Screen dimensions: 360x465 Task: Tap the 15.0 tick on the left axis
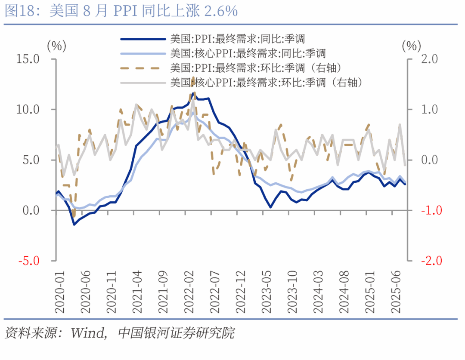coord(28,59)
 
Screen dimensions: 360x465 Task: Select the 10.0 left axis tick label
coord(28,109)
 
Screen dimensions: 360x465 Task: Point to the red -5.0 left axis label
coord(28,261)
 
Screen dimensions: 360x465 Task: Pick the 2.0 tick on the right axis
coord(426,59)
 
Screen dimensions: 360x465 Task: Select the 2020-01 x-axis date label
coord(59,292)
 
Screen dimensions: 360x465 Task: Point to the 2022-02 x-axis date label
coord(188,292)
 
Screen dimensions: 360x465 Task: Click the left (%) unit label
coord(56,45)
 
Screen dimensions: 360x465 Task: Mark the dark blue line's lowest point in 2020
coord(74,224)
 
